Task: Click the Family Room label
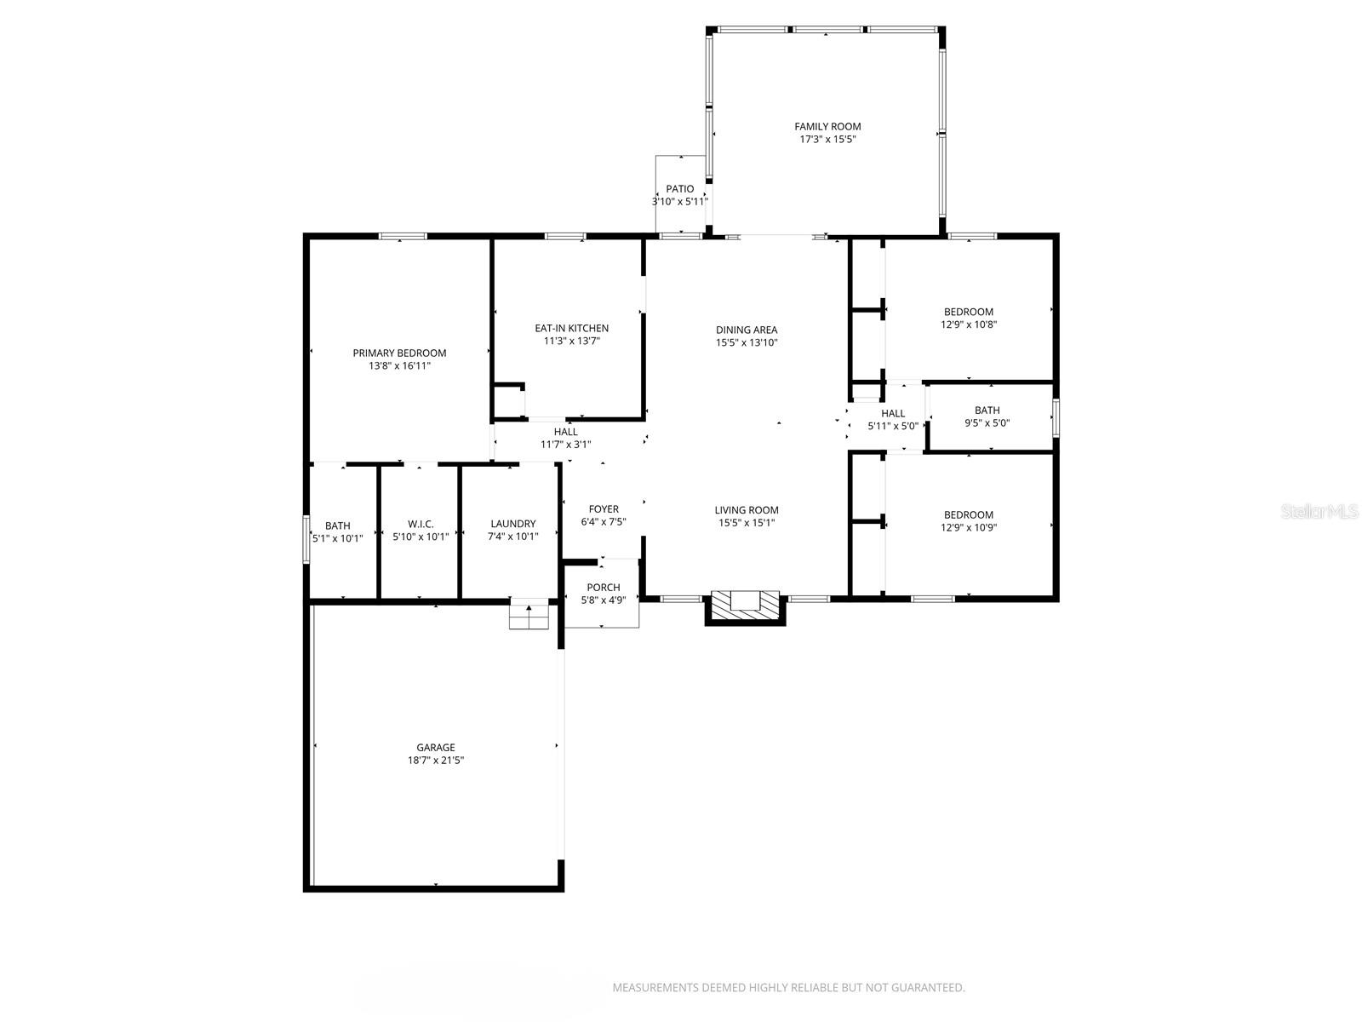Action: click(x=827, y=127)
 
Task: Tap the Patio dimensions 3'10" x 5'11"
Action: click(x=679, y=202)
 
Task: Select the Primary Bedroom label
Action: click(x=399, y=353)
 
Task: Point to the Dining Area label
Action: click(x=747, y=330)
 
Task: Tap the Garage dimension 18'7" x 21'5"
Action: click(x=435, y=761)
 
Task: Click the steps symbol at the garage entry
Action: click(x=529, y=614)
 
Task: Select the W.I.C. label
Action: click(x=421, y=525)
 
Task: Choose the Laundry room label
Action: click(x=512, y=525)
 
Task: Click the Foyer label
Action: click(x=604, y=510)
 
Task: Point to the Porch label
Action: click(x=603, y=588)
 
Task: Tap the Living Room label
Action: click(x=747, y=511)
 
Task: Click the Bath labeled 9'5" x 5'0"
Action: click(x=987, y=411)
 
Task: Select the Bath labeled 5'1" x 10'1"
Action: click(x=337, y=526)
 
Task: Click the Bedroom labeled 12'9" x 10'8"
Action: click(x=969, y=312)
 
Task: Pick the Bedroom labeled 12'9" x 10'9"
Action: click(x=969, y=515)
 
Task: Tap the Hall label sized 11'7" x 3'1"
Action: click(x=565, y=433)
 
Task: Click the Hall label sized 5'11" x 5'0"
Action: click(x=893, y=414)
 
